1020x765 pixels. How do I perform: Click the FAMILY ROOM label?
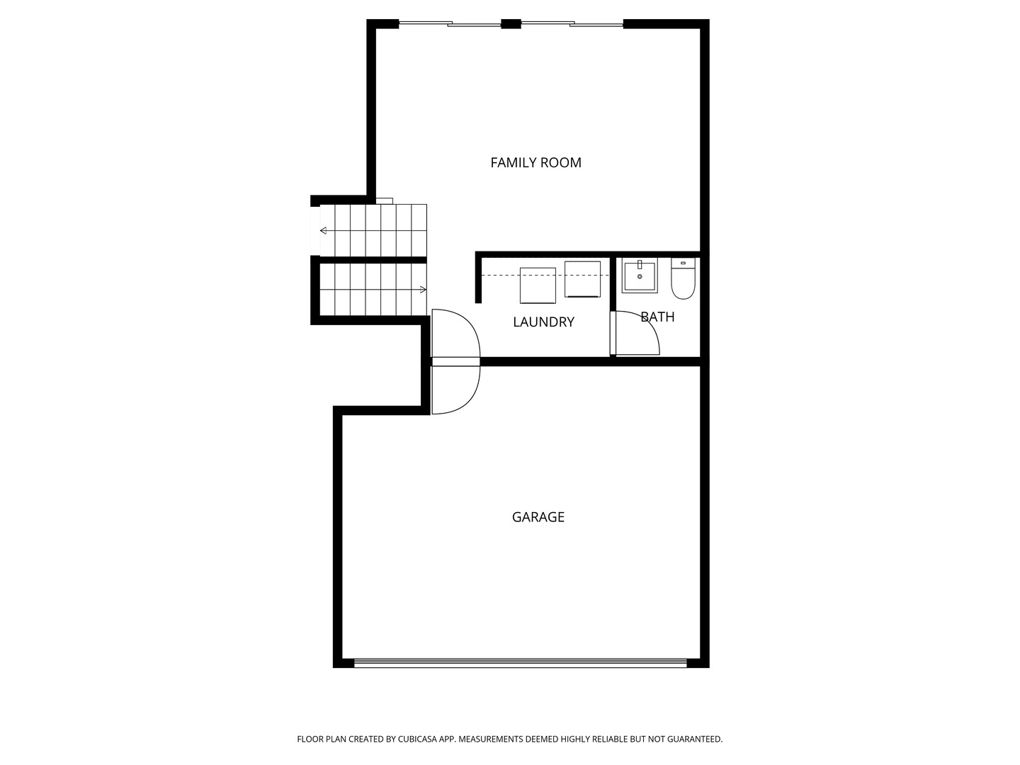535,163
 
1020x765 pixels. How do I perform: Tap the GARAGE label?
538,517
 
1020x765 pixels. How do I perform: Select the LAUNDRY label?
543,322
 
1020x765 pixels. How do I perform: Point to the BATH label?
657,317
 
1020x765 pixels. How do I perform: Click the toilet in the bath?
683,278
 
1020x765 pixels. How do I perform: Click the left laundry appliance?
538,285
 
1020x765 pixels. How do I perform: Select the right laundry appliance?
582,278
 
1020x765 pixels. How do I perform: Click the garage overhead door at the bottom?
520,663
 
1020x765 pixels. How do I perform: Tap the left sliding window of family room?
450,23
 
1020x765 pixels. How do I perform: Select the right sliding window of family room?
572,23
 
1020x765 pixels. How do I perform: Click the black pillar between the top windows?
511,23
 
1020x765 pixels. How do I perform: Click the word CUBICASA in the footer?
418,739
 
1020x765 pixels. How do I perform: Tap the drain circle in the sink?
640,276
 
